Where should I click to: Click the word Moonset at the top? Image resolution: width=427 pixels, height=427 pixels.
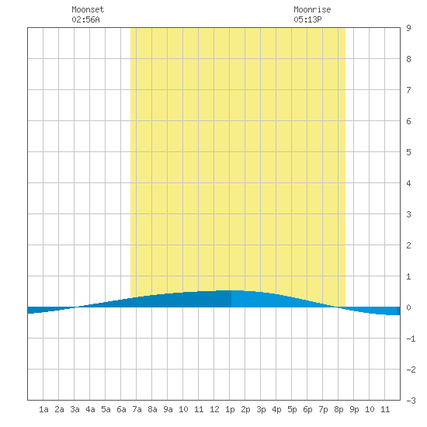point(88,9)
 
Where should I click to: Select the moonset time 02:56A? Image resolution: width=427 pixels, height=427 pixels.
point(85,19)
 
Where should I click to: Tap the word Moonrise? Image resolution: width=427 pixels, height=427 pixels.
point(312,9)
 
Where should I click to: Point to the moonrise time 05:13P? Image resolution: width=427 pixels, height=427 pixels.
point(307,19)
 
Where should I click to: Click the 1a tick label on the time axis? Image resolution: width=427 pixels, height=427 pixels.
point(43,409)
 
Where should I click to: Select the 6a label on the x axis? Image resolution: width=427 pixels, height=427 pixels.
point(121,409)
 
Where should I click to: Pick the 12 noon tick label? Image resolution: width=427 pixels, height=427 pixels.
point(214,409)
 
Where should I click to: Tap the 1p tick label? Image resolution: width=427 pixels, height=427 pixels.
point(230,410)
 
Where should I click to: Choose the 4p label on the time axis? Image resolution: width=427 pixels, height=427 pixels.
point(276,410)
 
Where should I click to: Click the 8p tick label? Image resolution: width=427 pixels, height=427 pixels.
point(338,410)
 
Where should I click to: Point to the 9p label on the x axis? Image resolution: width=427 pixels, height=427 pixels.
point(354,410)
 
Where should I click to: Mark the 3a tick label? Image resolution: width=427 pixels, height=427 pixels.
point(75,409)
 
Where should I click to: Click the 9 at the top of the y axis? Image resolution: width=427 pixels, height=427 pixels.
point(408,28)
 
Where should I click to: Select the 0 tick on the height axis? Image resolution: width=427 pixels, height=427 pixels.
point(408,307)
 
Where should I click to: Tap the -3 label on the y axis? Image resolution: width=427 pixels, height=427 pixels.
point(411,401)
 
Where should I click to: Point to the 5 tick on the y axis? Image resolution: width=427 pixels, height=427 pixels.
point(408,152)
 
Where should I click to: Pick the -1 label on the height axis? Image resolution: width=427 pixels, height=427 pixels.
point(411,338)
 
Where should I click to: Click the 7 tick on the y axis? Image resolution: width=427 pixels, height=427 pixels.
point(408,90)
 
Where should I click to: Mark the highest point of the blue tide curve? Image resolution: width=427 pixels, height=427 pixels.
point(231,290)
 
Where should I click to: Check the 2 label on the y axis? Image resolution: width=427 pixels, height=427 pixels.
point(408,245)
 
